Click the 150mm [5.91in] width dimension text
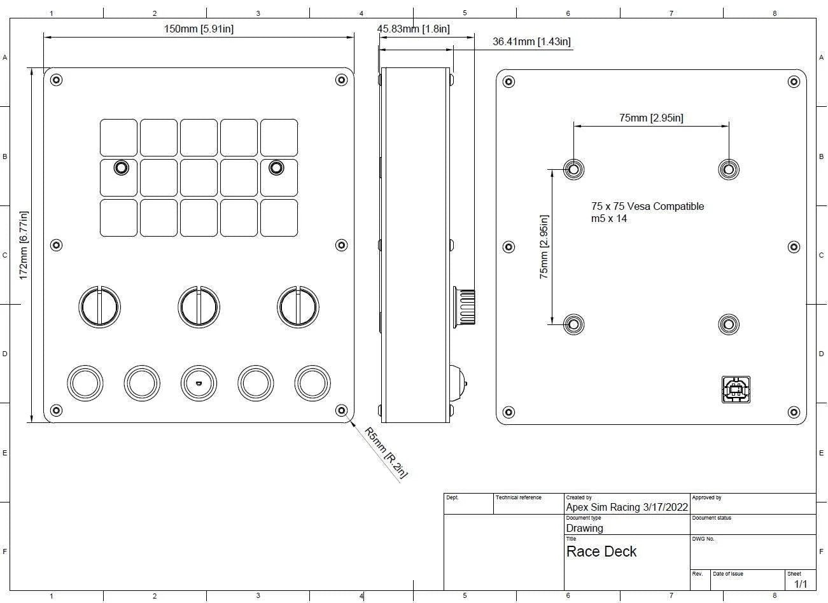coord(199,29)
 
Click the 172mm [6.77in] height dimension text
coord(24,245)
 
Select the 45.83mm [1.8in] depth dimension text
coord(413,29)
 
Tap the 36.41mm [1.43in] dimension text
coord(531,42)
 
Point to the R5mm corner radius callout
coord(386,452)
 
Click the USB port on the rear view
coord(736,389)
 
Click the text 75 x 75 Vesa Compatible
coord(647,206)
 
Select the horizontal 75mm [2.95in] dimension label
coord(651,118)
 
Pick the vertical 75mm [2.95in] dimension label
coord(544,247)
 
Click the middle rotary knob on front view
coord(199,307)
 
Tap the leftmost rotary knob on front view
coord(99,307)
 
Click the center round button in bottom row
coord(199,383)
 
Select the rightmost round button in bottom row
coord(312,383)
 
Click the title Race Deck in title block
coord(601,551)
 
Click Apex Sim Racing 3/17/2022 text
coord(627,507)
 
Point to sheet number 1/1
coord(800,584)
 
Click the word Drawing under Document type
coord(584,528)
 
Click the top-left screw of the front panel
coord(56,80)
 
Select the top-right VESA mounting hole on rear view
coord(729,169)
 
